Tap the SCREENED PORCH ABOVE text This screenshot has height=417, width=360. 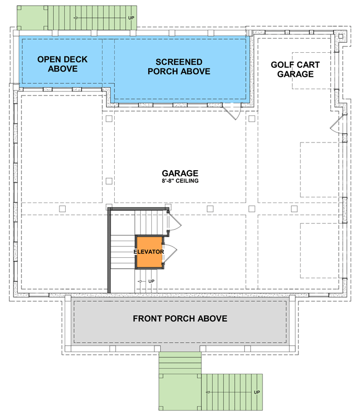pos(179,66)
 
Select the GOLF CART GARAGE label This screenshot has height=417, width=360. pos(295,69)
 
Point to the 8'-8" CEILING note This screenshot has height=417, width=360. pos(179,182)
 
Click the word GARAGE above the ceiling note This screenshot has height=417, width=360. pos(179,173)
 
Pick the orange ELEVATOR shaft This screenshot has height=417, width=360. pos(149,252)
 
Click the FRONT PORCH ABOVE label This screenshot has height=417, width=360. pos(180,318)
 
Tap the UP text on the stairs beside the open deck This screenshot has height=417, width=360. pos(131,18)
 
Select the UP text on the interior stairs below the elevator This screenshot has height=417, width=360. pos(151,281)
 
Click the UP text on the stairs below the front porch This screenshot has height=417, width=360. pos(257,392)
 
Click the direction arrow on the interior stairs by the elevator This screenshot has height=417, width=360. pos(141,281)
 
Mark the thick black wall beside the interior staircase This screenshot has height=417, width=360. pos(110,251)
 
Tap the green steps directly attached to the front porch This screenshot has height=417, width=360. pos(179,361)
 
